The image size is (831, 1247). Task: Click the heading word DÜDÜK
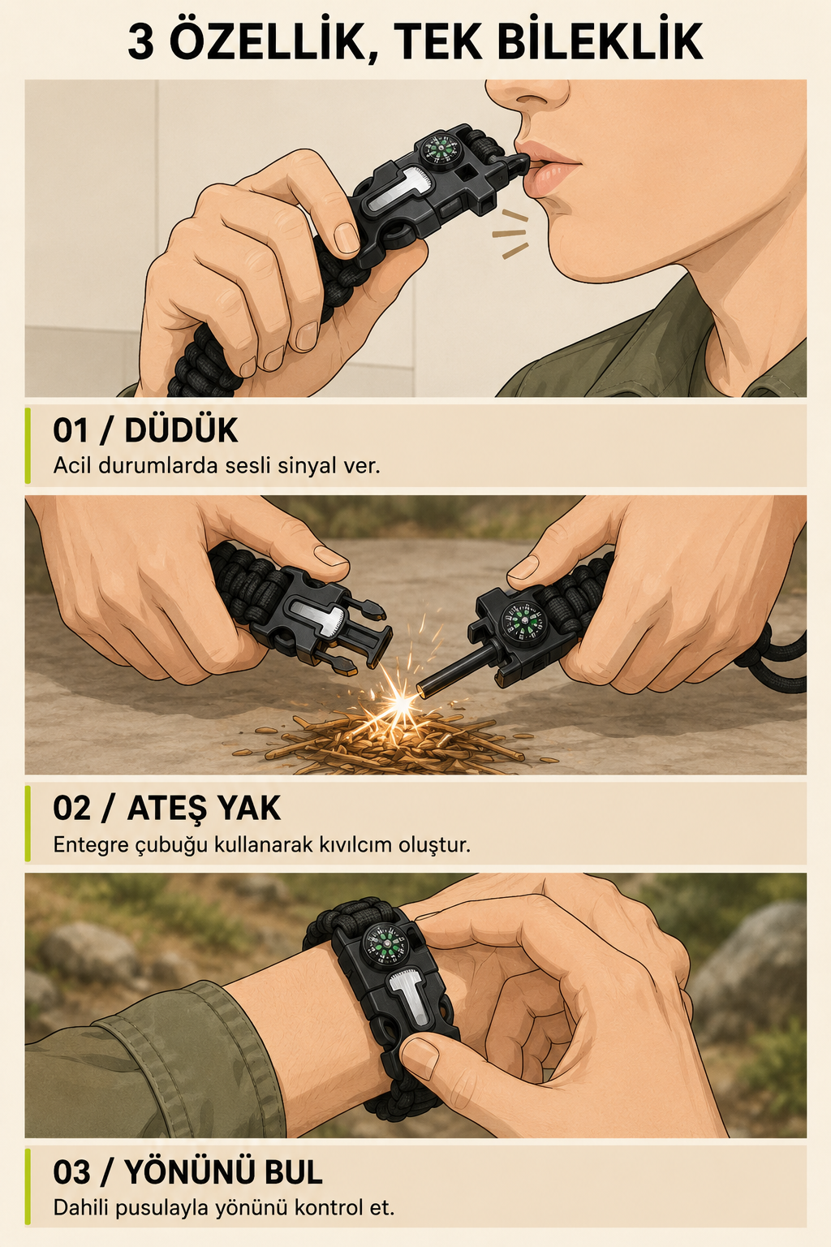(182, 429)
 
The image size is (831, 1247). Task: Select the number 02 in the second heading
(71, 809)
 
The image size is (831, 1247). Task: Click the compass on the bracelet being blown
(440, 148)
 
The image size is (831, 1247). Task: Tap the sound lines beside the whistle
(510, 234)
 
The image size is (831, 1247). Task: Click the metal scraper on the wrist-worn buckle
(412, 1002)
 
